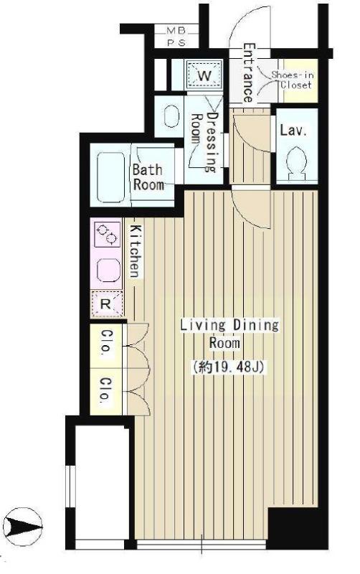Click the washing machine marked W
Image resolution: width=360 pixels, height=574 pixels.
point(204,75)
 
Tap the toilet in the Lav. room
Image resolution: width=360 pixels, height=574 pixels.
point(296,164)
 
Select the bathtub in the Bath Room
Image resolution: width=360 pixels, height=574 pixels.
point(110,177)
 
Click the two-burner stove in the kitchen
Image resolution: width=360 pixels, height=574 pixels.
point(106,235)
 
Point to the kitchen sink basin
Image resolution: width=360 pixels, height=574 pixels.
point(108,270)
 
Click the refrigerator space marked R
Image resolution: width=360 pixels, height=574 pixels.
point(106,304)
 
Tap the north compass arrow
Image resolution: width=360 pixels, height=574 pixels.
point(23,527)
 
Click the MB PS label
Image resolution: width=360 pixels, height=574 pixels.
point(176,36)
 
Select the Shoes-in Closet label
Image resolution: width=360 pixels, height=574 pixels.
point(293,80)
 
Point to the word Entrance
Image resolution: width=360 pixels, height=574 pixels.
point(248,73)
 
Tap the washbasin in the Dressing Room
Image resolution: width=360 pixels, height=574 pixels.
point(171,116)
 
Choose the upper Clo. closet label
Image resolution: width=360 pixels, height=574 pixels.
point(105,341)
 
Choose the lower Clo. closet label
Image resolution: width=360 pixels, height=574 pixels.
point(105,390)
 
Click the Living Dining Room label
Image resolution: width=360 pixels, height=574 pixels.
point(229,334)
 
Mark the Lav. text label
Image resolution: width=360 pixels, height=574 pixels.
point(293,131)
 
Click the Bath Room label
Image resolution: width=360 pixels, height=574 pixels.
point(148,177)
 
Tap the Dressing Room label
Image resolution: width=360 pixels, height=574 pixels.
point(206,141)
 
